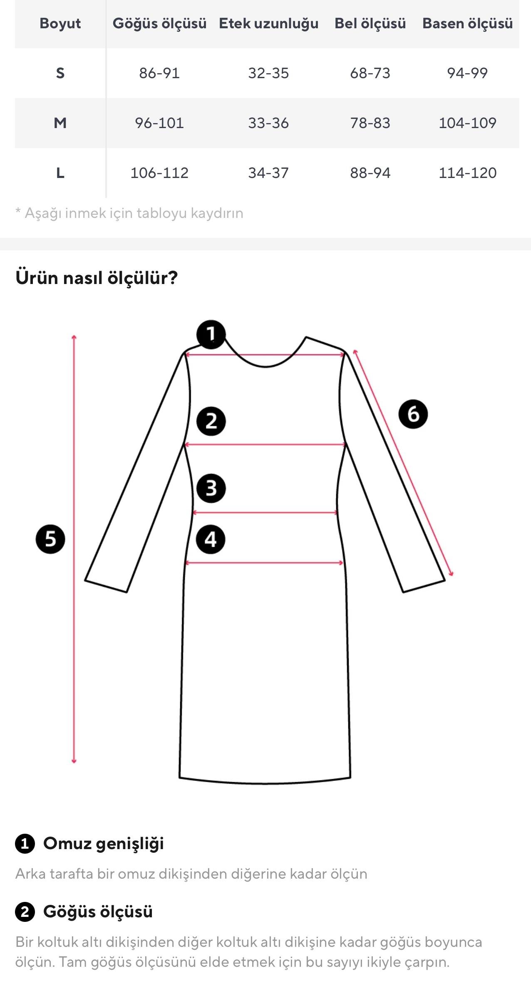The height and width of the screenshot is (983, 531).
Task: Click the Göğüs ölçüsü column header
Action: (x=159, y=24)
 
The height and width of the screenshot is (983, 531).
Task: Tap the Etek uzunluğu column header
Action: (x=268, y=24)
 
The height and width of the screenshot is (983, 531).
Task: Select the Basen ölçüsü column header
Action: (x=467, y=24)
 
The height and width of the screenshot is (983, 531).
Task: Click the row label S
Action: (x=60, y=73)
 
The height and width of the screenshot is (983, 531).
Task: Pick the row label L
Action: (x=60, y=173)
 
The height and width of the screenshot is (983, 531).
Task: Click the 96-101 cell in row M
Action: (x=159, y=123)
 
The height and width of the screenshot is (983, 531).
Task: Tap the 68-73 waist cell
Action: (x=370, y=73)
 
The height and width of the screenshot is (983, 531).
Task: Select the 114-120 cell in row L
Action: (x=467, y=173)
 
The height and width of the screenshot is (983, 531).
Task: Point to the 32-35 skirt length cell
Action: (x=268, y=73)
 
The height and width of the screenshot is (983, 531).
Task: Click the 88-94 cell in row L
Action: (x=370, y=173)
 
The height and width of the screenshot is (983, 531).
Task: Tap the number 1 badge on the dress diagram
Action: (x=211, y=334)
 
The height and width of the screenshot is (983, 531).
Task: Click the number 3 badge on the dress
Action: (x=211, y=488)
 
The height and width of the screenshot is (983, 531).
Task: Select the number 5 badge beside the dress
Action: (x=50, y=539)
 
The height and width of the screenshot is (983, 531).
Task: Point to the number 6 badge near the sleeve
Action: (x=413, y=414)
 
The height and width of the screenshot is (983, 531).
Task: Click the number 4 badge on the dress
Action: (x=211, y=540)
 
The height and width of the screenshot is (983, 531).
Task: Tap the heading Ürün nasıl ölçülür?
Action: (x=97, y=278)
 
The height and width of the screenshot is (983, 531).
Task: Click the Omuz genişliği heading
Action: (x=104, y=843)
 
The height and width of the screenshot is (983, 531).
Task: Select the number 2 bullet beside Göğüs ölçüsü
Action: (x=25, y=912)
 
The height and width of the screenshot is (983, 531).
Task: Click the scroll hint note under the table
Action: (x=129, y=213)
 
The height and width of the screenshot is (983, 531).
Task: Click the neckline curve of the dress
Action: (x=265, y=366)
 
